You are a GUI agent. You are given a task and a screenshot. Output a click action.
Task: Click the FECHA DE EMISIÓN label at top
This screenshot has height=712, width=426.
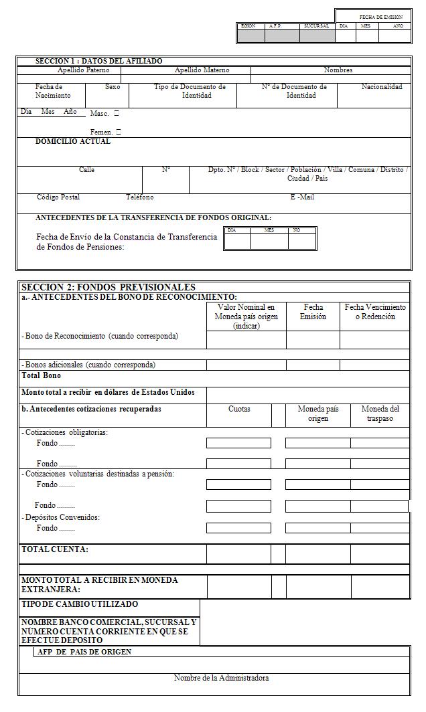click(381, 16)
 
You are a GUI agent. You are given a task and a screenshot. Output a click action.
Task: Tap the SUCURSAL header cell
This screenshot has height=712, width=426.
click(316, 26)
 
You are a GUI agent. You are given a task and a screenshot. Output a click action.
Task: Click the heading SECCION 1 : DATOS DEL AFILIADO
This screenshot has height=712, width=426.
click(98, 61)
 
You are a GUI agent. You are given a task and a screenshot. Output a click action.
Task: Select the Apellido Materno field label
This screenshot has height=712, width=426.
click(202, 70)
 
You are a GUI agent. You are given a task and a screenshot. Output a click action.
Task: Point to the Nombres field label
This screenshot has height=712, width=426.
click(338, 70)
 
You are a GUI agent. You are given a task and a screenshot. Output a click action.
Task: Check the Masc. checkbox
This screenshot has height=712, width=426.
click(117, 114)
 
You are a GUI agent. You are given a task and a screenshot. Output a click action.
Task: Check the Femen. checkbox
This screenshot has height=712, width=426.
click(119, 132)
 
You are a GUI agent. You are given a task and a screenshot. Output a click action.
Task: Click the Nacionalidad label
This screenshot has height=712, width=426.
click(382, 87)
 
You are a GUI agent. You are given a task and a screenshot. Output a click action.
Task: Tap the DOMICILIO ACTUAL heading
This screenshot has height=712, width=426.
click(73, 142)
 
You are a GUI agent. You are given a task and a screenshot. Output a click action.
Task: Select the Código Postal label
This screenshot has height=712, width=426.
click(58, 197)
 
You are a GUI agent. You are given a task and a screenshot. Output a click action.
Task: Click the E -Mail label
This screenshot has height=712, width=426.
click(302, 197)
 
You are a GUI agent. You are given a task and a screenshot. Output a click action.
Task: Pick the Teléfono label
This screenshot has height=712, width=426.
click(140, 197)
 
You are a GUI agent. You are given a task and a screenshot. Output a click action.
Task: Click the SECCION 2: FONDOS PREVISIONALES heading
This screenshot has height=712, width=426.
click(109, 287)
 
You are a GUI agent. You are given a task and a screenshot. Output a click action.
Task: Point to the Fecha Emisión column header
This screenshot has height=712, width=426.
click(313, 312)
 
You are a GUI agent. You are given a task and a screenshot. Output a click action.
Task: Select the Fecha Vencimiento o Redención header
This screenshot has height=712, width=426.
click(375, 312)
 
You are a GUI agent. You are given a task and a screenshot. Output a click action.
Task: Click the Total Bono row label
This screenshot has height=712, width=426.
click(41, 375)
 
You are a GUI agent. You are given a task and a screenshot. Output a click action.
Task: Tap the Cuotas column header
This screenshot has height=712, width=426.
click(239, 409)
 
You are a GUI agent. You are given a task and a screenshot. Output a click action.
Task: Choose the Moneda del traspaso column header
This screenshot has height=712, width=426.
click(380, 413)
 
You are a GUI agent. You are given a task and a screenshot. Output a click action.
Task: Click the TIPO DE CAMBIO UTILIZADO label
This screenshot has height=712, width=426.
click(80, 604)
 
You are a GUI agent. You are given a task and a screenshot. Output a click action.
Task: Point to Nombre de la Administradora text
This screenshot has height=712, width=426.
click(221, 678)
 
